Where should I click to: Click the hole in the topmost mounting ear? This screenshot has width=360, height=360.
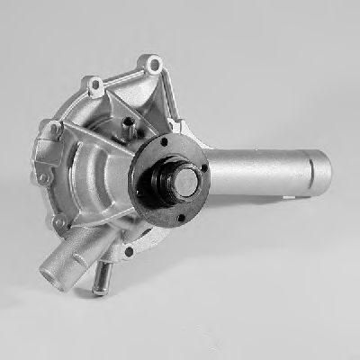[x=154, y=63]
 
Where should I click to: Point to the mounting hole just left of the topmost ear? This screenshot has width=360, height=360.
[x=93, y=87]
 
